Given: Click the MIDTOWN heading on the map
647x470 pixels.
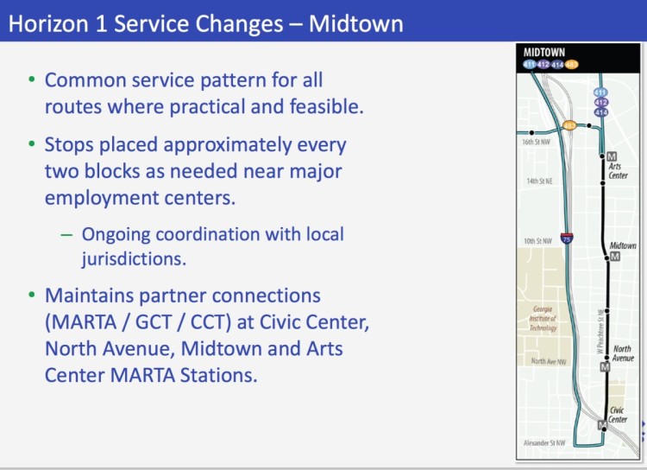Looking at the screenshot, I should click(x=544, y=52).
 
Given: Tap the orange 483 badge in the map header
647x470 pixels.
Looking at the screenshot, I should click(x=572, y=64).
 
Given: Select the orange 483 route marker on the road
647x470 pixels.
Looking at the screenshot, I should click(x=569, y=125).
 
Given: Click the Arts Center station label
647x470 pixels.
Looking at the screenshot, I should click(x=618, y=171).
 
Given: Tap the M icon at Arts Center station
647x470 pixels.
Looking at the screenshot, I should click(x=612, y=156).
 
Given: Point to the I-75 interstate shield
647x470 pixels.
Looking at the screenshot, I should click(x=566, y=238).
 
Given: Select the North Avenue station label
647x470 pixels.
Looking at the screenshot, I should click(x=622, y=353).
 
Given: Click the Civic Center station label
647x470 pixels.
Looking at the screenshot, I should click(x=618, y=415).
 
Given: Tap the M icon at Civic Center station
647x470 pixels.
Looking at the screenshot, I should click(x=602, y=425).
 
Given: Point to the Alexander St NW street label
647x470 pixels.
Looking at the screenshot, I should click(x=545, y=443).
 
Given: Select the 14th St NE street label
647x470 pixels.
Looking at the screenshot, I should click(x=539, y=181).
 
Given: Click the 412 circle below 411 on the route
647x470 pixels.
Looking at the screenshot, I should click(x=601, y=103).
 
